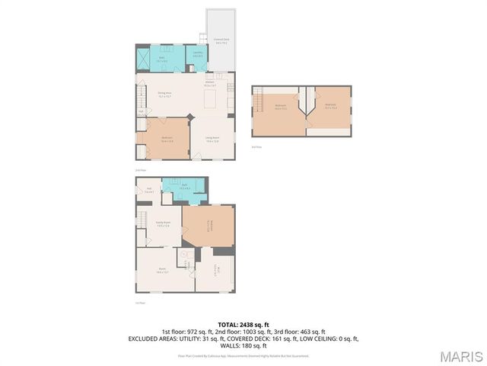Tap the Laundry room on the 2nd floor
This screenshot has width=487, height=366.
197,56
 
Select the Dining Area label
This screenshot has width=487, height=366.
163,94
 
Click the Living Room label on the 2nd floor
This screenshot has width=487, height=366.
212,140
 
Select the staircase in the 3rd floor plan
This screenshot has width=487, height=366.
259,99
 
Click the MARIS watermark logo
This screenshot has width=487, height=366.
461,356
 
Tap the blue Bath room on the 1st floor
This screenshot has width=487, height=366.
184,188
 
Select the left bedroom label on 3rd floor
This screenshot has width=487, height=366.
281,108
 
